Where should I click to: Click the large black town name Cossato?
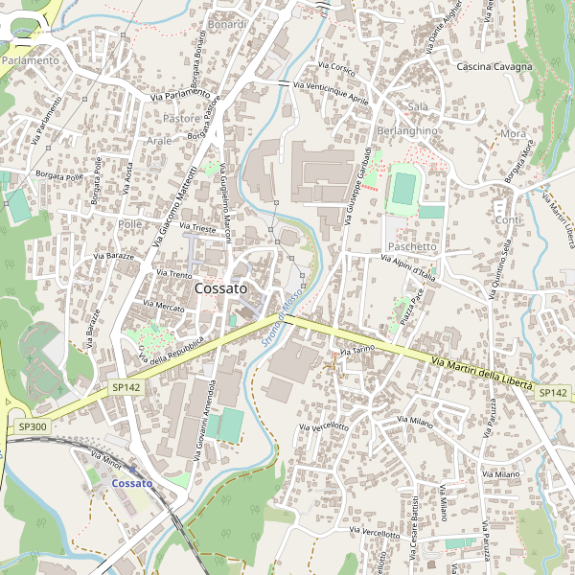220,287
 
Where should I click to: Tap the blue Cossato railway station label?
132,484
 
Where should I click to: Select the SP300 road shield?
32,426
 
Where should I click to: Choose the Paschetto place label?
414,246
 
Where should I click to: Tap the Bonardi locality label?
227,24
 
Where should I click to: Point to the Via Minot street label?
105,460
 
